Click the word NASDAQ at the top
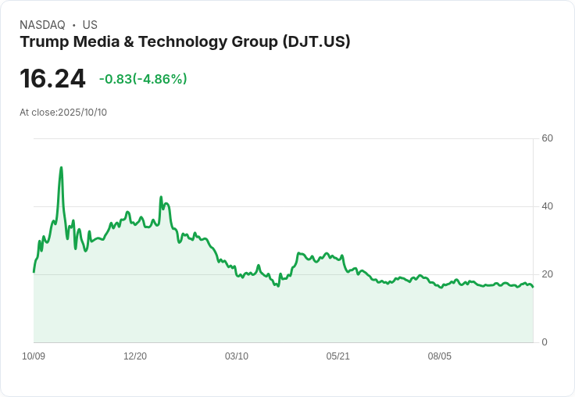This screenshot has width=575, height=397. [x=42, y=25]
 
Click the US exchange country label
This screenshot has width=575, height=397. [x=90, y=25]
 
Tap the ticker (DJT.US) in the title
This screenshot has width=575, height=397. [x=316, y=41]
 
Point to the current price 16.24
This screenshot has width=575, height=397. [x=52, y=78]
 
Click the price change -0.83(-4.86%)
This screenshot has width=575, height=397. [x=143, y=79]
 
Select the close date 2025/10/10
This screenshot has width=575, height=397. [x=82, y=113]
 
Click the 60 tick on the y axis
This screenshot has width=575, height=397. [x=547, y=138]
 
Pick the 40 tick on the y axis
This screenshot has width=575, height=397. [x=547, y=206]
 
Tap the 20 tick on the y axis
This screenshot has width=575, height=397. [x=547, y=274]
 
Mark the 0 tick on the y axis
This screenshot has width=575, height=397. [x=545, y=342]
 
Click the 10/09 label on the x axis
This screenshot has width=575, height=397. [x=34, y=356]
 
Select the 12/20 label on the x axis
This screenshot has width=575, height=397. [x=135, y=356]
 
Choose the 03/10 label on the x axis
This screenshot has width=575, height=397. [x=237, y=356]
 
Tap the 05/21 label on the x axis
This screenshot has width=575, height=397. [x=338, y=356]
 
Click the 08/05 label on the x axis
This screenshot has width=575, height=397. [x=440, y=356]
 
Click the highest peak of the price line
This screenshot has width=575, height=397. [x=61, y=167]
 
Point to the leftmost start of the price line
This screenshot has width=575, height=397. [x=34, y=271]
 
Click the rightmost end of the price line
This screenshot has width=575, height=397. [x=533, y=287]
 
